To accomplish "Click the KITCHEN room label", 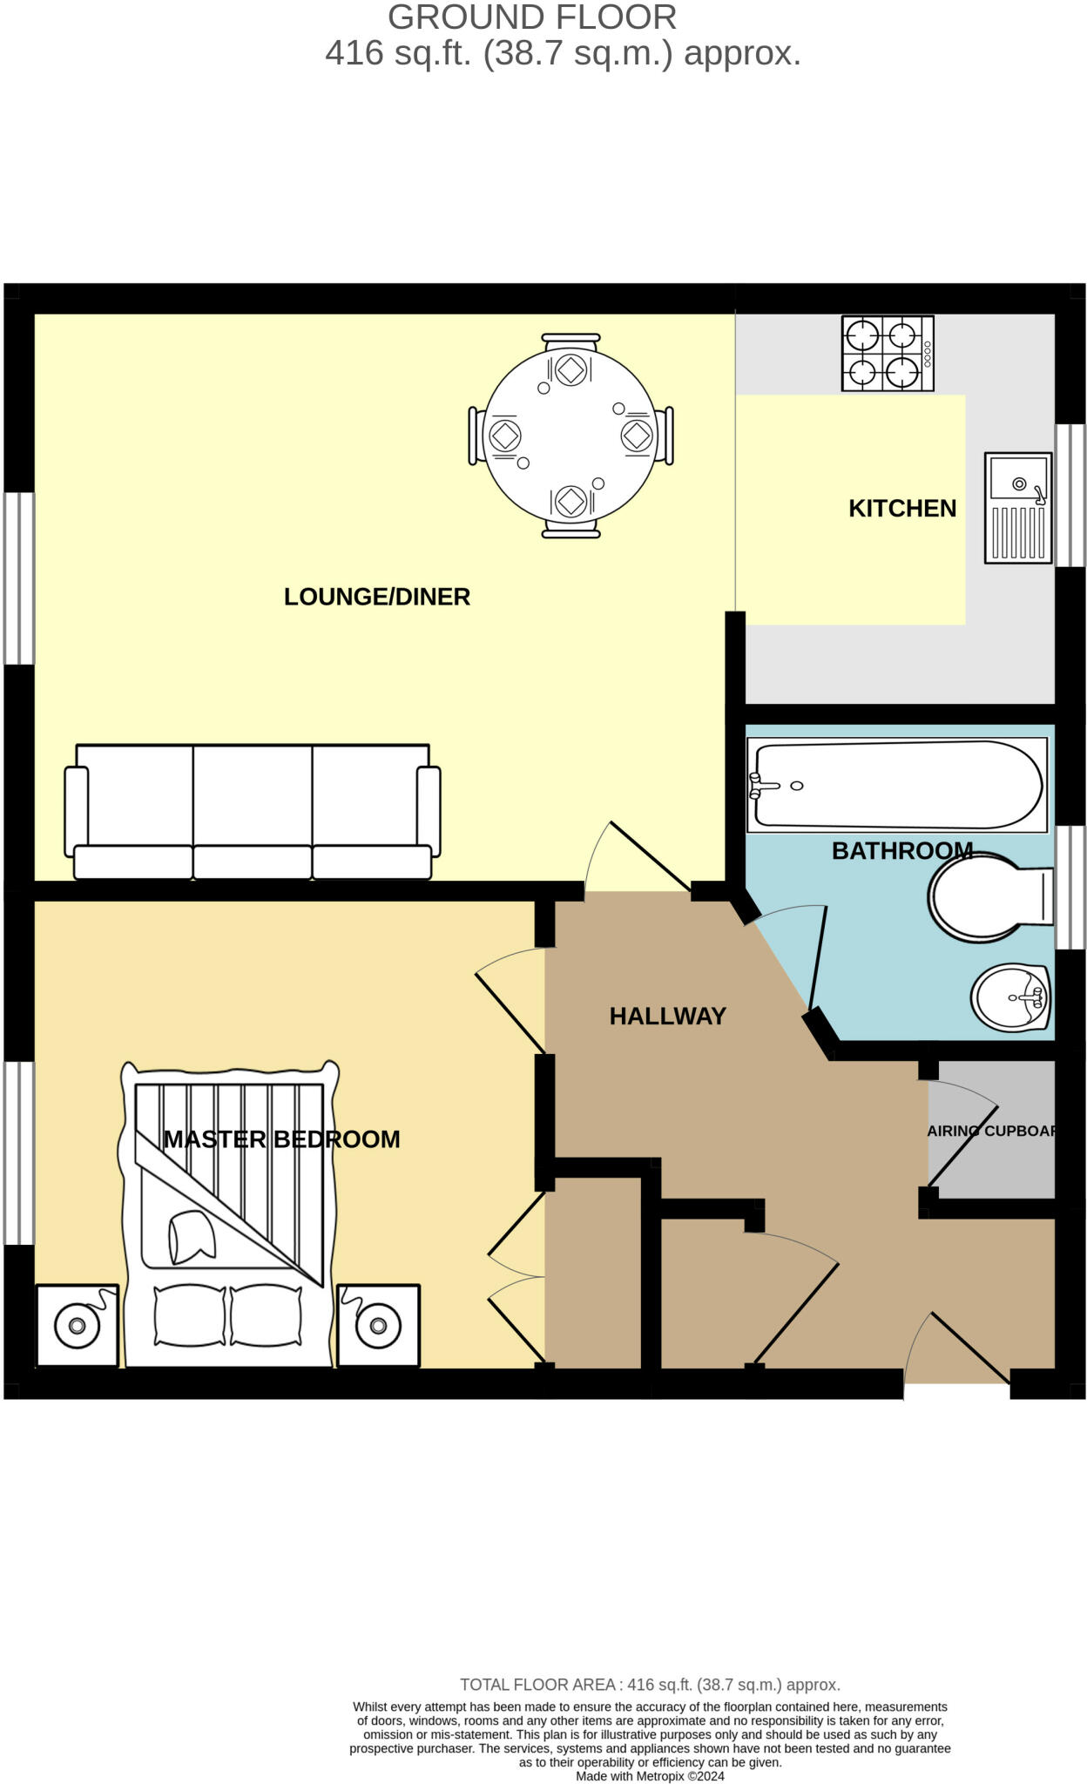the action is (902, 509).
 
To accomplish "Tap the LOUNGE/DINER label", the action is (377, 597).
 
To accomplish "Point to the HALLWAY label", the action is (667, 1017).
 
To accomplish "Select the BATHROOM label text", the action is (902, 851).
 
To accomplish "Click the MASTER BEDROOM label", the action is (282, 1139).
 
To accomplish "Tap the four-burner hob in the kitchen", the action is (888, 353).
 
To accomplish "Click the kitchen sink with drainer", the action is (1018, 508).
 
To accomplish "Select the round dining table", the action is (571, 436).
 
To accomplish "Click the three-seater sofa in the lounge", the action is (253, 812).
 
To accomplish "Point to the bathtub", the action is (897, 785).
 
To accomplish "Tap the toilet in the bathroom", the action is (991, 896).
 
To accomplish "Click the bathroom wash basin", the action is (1011, 997).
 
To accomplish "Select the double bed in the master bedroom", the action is (229, 1213).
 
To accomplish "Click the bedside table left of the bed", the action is (77, 1325).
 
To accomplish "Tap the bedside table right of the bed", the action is (378, 1325).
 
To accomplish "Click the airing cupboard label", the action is (991, 1131).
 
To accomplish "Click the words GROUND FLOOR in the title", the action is (532, 17).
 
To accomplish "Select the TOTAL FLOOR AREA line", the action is (650, 1685).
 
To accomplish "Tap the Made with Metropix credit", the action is (650, 1776).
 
